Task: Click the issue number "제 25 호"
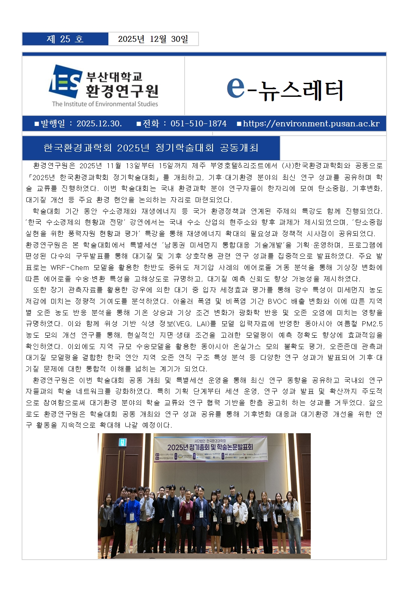pos(65,39)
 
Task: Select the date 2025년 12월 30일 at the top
pos(153,39)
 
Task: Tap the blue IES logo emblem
pos(65,82)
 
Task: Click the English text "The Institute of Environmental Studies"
pos(105,104)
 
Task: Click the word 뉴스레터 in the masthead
pos(301,90)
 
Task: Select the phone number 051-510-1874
pos(198,123)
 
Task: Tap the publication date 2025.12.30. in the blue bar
pos(99,123)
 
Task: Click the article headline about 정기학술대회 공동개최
pos(151,148)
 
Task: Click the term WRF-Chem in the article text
pos(69,268)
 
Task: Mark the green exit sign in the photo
pos(123,442)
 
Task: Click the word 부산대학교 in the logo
pos(114,77)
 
